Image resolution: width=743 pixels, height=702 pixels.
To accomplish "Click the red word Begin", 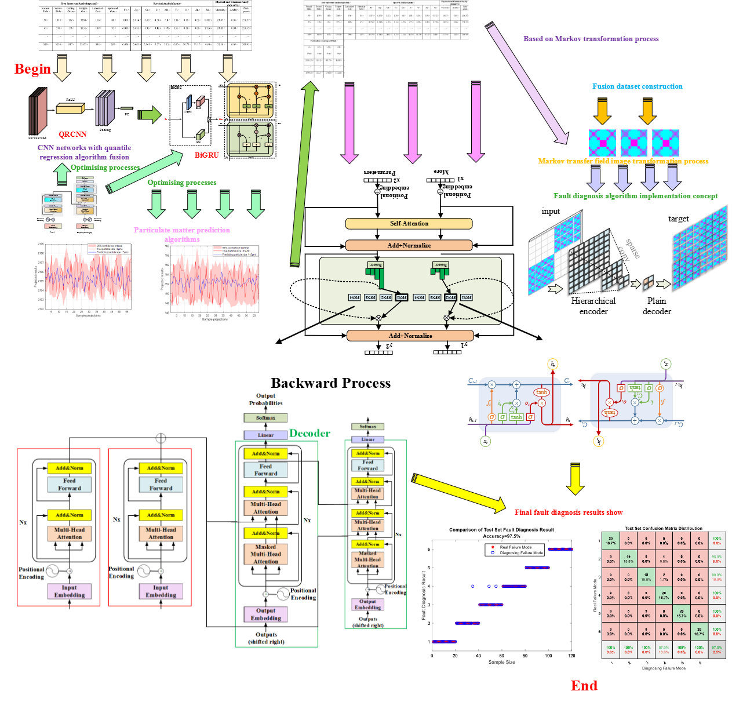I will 32,69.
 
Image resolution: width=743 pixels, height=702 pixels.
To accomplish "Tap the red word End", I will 584,686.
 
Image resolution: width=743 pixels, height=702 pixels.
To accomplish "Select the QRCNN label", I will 72,134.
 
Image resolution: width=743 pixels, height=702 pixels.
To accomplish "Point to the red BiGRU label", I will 206,155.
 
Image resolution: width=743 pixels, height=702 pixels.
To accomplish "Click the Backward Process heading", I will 330,383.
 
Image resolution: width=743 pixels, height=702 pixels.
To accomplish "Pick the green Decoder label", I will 309,434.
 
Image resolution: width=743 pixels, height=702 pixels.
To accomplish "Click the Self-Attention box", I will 409,224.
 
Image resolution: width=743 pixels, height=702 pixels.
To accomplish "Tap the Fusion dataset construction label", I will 637,86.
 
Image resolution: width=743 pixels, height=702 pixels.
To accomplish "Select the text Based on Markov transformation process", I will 591,39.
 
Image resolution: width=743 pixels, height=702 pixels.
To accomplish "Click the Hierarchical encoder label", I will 593,306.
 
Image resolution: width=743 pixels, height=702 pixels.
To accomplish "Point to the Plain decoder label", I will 657,306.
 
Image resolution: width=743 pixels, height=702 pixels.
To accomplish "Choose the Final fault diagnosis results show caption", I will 568,512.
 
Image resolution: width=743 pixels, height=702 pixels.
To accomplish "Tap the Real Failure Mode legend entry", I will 515,547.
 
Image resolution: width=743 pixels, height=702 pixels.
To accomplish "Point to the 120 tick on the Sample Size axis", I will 571,656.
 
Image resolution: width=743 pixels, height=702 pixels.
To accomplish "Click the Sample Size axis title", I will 501,662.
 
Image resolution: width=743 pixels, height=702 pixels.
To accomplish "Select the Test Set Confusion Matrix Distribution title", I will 663,528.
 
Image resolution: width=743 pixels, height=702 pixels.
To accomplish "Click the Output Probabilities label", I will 265,399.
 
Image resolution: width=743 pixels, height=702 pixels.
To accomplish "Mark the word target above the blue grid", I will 678,219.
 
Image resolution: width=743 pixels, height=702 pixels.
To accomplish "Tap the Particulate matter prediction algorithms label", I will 181,235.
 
